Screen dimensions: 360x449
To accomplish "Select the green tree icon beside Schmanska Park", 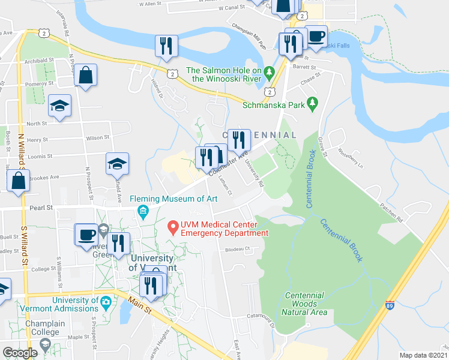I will pos(312,104).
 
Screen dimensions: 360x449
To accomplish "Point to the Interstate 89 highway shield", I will pos(390,306).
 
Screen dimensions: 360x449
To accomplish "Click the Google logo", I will pos(20,353).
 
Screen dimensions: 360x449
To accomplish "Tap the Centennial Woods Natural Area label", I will pos(305,304).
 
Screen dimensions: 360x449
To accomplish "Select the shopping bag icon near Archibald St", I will pos(86,76).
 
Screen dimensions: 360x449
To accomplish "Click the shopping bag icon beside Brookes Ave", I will pos(19,181).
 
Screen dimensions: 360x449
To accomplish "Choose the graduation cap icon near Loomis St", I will pos(117,163).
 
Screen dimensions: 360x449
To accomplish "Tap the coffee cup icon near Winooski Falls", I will pos(316,37).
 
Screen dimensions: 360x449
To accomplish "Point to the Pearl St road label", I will pos(41,207).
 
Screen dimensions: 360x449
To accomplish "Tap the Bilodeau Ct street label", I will pos(237,248).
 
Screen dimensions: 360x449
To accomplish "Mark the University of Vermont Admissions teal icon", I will pos(106,301).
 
